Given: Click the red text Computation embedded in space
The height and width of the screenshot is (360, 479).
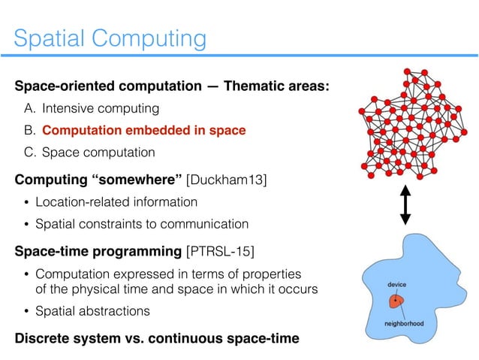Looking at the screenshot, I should [x=144, y=131].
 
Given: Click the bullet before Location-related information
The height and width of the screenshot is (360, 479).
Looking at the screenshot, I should [x=30, y=202].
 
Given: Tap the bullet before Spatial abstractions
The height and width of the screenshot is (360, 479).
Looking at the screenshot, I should [x=30, y=311].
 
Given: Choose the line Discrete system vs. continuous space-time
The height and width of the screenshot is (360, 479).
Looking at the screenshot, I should [x=157, y=338].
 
